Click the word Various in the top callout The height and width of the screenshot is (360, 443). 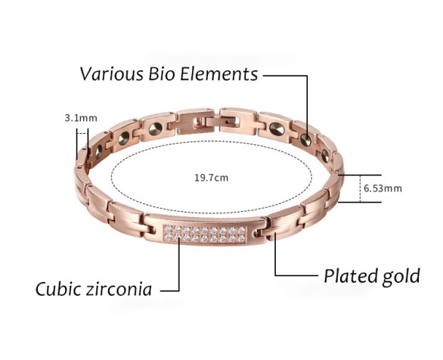click(112, 74)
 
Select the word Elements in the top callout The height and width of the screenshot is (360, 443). click(219, 74)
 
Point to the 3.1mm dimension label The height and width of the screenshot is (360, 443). click(81, 118)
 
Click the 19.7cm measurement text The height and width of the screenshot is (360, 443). click(212, 178)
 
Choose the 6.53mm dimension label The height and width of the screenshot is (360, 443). click(383, 188)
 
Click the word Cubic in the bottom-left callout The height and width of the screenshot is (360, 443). click(58, 289)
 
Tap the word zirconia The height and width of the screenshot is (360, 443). click(119, 289)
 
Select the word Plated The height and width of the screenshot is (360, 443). click(351, 275)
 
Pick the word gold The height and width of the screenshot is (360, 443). click(401, 276)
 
